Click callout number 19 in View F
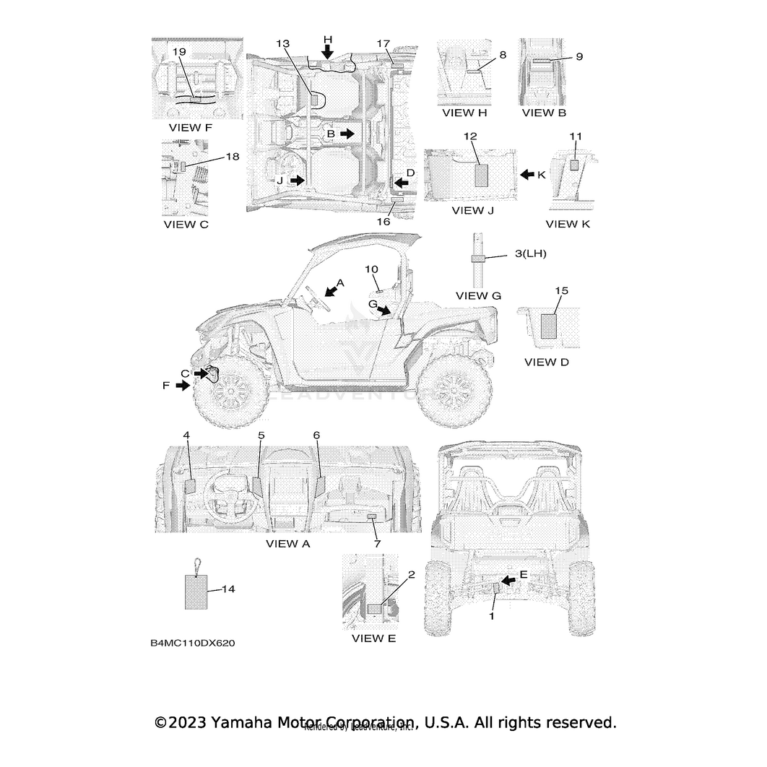(x=180, y=52)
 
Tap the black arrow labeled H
(x=328, y=51)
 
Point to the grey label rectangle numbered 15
(x=550, y=324)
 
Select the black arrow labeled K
(x=529, y=174)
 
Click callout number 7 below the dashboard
(x=376, y=542)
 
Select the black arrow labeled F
(x=183, y=386)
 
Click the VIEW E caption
(x=373, y=638)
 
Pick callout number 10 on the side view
(x=371, y=269)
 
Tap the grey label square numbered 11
(x=575, y=165)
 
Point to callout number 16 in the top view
(x=383, y=222)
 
